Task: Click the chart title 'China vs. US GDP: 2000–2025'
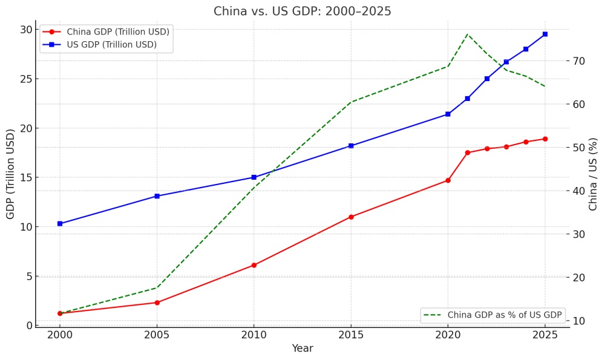click(302, 11)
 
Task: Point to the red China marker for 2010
click(254, 265)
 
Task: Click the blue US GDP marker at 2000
click(60, 224)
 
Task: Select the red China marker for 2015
click(351, 217)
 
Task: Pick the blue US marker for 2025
click(545, 34)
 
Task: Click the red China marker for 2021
click(468, 152)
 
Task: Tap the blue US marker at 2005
click(157, 196)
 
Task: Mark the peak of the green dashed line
click(468, 34)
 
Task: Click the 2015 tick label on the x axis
click(351, 334)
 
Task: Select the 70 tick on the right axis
click(580, 61)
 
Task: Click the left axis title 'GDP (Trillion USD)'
click(11, 174)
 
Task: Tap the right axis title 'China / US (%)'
click(594, 174)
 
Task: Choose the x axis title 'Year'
click(302, 349)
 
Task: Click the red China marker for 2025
click(545, 139)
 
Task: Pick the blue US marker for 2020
click(448, 114)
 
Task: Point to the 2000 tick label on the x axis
click(60, 334)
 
